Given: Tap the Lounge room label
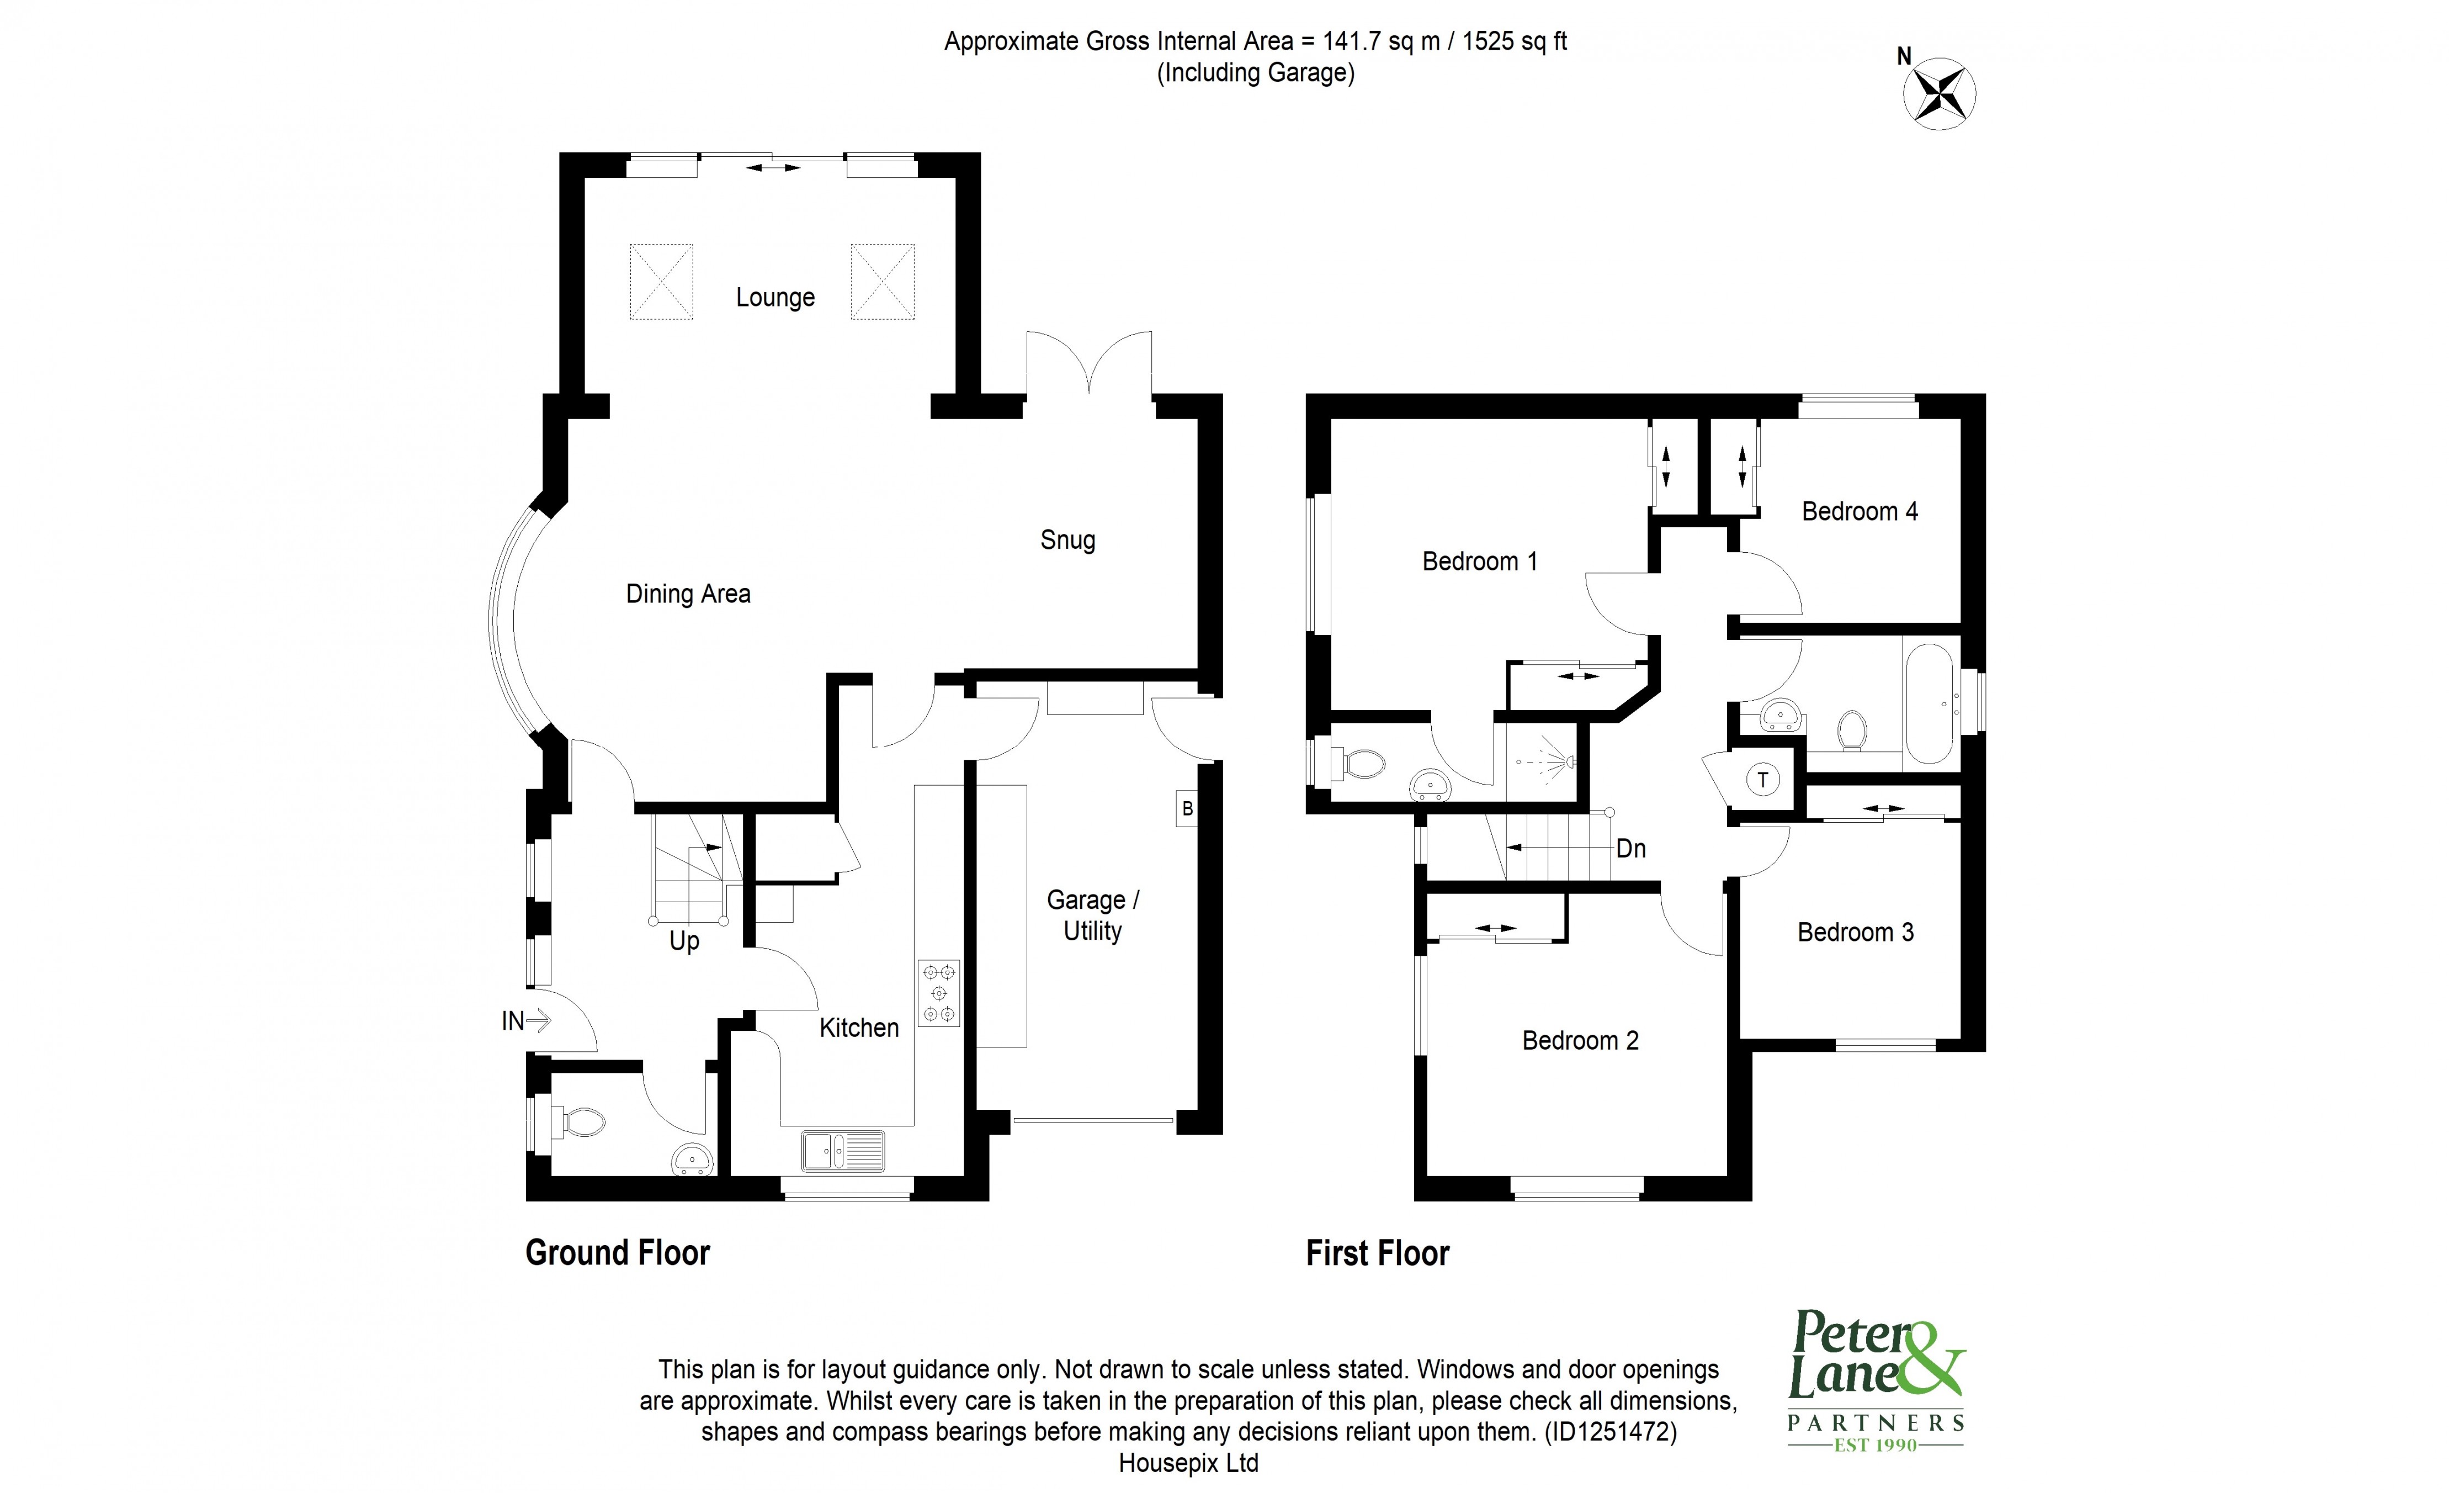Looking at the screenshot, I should [x=775, y=297].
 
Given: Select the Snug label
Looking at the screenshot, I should [x=1067, y=540].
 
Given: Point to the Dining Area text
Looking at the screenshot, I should [x=688, y=595].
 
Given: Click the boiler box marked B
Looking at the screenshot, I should [x=1186, y=809].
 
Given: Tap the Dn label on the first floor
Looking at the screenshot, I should [x=1631, y=849].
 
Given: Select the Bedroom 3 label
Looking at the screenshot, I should [x=1855, y=933].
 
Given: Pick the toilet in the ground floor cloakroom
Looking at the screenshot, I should [x=583, y=1124].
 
